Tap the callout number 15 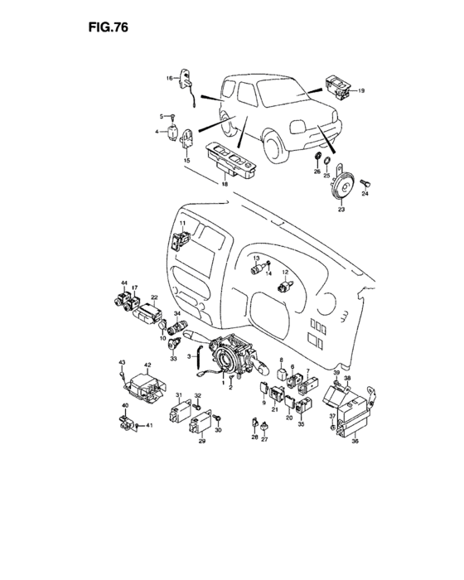coord(187,159)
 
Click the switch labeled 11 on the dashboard coord(181,240)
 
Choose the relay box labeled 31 coord(179,413)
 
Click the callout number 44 coord(123,285)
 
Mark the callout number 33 coord(173,358)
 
